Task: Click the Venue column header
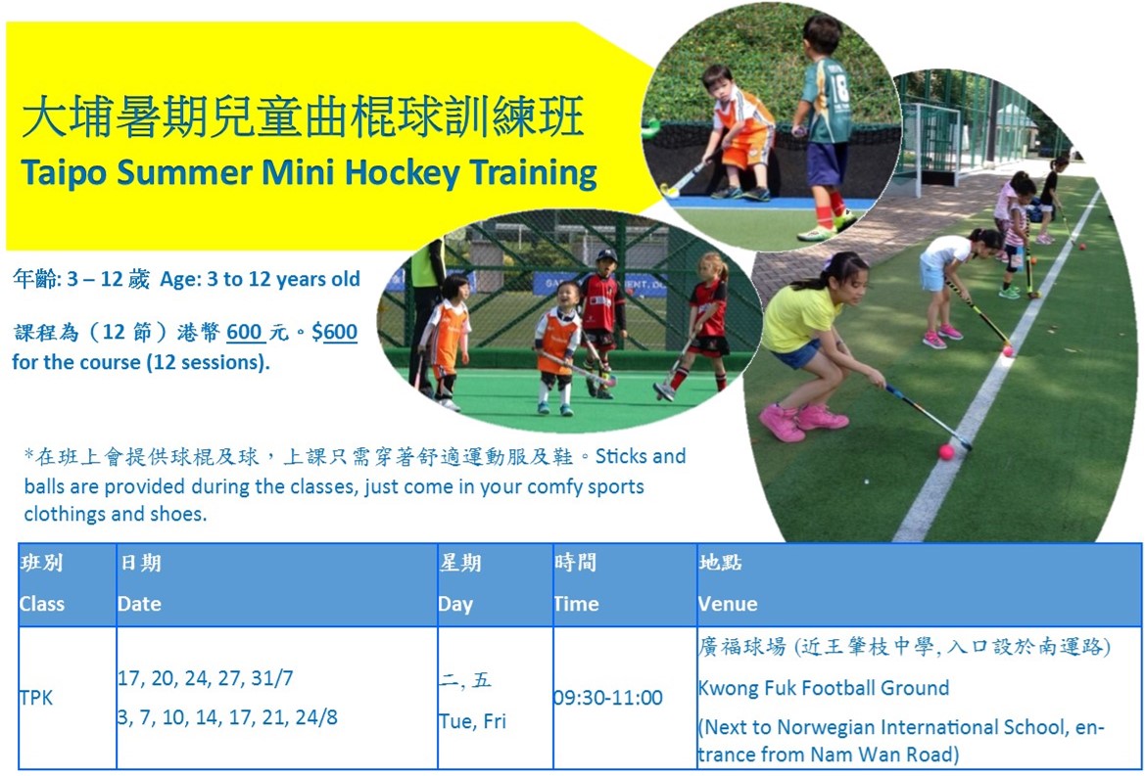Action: pyautogui.click(x=728, y=604)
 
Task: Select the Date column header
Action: pyautogui.click(x=139, y=604)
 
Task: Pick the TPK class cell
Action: pyautogui.click(x=36, y=698)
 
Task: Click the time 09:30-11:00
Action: pyautogui.click(x=608, y=698)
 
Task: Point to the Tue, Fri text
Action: pyautogui.click(x=472, y=720)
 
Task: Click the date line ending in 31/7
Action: pyautogui.click(x=205, y=678)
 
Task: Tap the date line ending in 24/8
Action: pyautogui.click(x=227, y=717)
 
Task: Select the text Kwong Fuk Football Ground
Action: pyautogui.click(x=824, y=688)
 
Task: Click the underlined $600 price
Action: pyautogui.click(x=334, y=332)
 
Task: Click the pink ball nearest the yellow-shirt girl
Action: pyautogui.click(x=946, y=452)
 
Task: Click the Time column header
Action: pyautogui.click(x=576, y=604)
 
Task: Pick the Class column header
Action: pyautogui.click(x=41, y=604)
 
